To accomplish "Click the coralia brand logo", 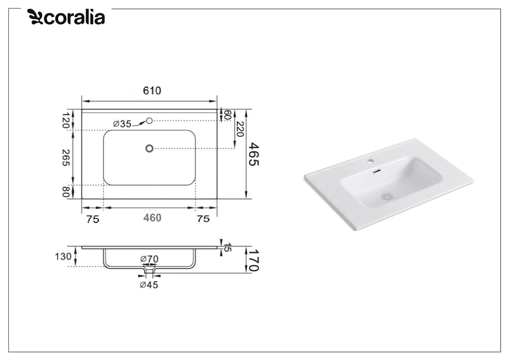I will click(66, 17).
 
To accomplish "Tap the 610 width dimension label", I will click(152, 90).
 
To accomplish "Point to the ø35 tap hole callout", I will click(122, 124).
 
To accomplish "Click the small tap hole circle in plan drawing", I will click(149, 121).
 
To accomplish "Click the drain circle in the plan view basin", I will click(149, 148).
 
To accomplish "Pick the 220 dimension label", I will click(240, 129).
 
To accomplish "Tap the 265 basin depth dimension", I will click(66, 157).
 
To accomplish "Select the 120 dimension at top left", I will click(66, 120).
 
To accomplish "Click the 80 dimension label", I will click(66, 192).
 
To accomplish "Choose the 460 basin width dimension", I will click(152, 218).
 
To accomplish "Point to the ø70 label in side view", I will click(149, 259).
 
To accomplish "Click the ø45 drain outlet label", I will click(149, 285).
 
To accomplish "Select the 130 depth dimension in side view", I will click(63, 257).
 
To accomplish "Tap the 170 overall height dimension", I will click(254, 260).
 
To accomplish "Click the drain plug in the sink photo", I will click(387, 197).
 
